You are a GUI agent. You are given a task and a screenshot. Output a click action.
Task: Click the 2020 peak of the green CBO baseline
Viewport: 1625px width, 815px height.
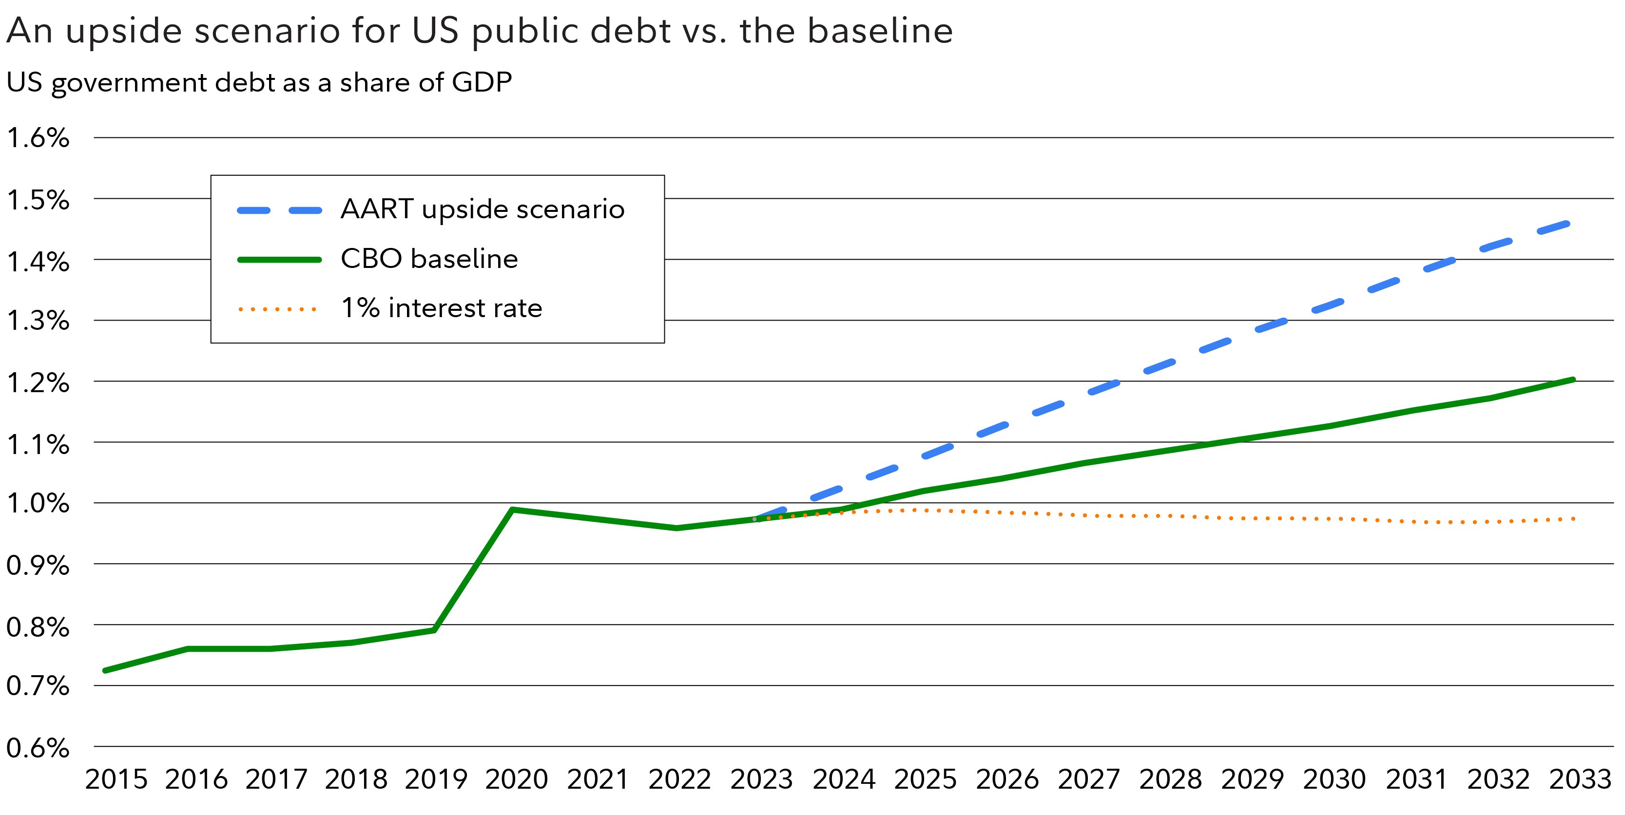pyautogui.click(x=512, y=509)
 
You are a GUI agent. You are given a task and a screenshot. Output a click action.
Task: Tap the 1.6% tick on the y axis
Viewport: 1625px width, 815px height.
pyautogui.click(x=38, y=137)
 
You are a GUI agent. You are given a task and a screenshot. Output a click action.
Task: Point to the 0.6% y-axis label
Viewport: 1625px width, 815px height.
pyautogui.click(x=38, y=748)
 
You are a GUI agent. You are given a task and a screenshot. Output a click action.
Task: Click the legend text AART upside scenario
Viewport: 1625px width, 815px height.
pyautogui.click(x=482, y=209)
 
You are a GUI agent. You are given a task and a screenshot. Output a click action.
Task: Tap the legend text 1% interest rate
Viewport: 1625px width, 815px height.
pyautogui.click(x=442, y=308)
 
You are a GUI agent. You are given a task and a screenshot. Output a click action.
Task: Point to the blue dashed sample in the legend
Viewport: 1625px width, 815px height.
pyautogui.click(x=279, y=210)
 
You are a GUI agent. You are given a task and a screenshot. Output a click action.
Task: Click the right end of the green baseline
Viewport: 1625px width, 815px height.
pyautogui.click(x=1573, y=379)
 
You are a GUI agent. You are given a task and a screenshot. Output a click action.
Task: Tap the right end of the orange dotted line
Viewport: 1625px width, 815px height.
pyautogui.click(x=1574, y=519)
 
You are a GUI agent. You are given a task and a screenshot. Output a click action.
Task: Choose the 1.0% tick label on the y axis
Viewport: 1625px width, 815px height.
pyautogui.click(x=38, y=503)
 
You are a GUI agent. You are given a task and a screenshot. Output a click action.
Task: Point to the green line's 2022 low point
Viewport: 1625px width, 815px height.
pyautogui.click(x=676, y=528)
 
